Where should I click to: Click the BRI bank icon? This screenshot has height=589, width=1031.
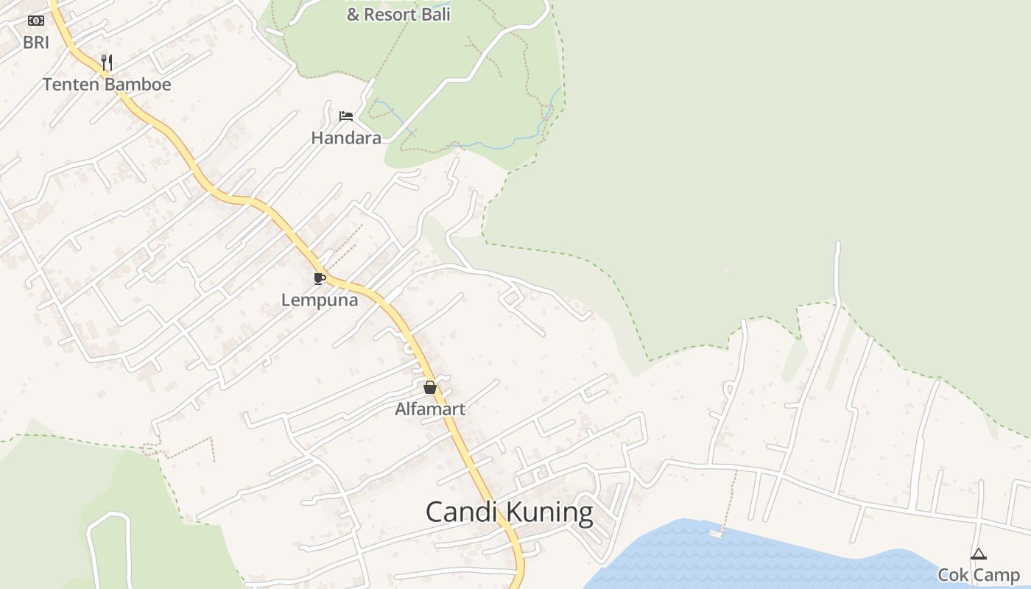tap(35, 21)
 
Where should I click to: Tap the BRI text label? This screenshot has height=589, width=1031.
tap(35, 43)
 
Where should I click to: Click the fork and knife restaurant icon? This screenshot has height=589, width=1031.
tap(107, 62)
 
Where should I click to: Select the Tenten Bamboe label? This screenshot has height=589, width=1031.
tap(106, 85)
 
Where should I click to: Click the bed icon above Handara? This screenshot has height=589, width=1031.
tap(345, 116)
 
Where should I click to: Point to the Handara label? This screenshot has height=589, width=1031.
tap(345, 138)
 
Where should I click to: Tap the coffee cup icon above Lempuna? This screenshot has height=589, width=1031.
tap(319, 278)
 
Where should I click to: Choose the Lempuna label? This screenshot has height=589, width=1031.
tap(320, 300)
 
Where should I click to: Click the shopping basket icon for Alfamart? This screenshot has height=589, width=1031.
tap(430, 387)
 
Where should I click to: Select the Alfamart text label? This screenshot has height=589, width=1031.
tap(430, 409)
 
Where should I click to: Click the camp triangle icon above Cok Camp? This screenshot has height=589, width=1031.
tap(978, 554)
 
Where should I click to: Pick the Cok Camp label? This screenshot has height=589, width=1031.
tap(978, 575)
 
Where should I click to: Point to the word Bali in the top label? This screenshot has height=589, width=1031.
tap(436, 15)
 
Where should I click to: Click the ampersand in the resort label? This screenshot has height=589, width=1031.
tap(353, 15)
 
